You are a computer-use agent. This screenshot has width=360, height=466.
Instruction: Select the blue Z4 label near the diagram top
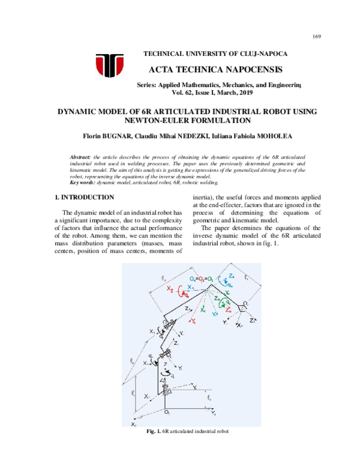point(231,276)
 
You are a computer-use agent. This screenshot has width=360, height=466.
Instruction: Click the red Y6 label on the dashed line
point(193,321)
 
